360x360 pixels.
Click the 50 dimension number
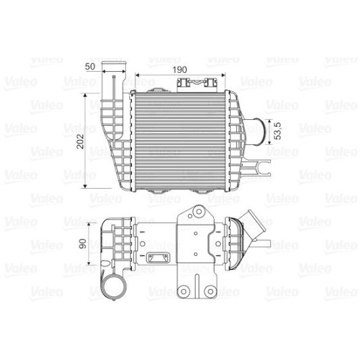tap(90, 66)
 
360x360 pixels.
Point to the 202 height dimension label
tap(79, 140)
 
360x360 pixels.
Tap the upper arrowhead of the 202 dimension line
tap(85, 97)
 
